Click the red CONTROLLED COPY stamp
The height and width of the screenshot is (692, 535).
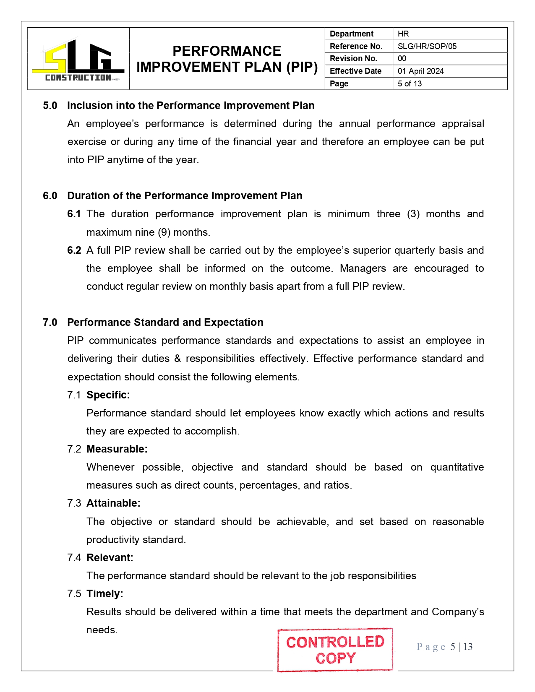(x=335, y=650)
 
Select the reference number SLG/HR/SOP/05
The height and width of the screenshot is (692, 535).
(x=427, y=46)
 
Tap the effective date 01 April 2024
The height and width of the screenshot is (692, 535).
(x=420, y=71)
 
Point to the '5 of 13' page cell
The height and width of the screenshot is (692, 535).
(x=410, y=83)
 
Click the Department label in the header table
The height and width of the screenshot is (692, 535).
(x=351, y=34)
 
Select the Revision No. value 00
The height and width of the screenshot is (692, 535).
(x=402, y=58)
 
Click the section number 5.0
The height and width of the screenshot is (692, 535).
(x=50, y=106)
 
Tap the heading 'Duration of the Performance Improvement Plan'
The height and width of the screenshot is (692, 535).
(x=185, y=196)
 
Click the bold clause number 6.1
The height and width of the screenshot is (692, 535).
(x=74, y=214)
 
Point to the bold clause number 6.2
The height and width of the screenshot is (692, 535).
(x=74, y=250)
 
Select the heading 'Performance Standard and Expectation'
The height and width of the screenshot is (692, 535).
(x=165, y=323)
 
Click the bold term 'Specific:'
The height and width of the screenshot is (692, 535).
(x=108, y=395)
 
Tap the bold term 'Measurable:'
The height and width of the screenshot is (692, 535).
(x=117, y=449)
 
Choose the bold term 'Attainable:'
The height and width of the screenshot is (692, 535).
(x=113, y=503)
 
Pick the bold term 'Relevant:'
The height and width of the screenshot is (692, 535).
(x=110, y=558)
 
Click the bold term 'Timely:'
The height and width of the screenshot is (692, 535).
(x=105, y=594)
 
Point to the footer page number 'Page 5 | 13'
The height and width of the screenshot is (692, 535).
(x=444, y=647)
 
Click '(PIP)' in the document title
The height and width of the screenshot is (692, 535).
(x=302, y=67)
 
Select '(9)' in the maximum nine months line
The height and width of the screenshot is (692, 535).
(x=164, y=232)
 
